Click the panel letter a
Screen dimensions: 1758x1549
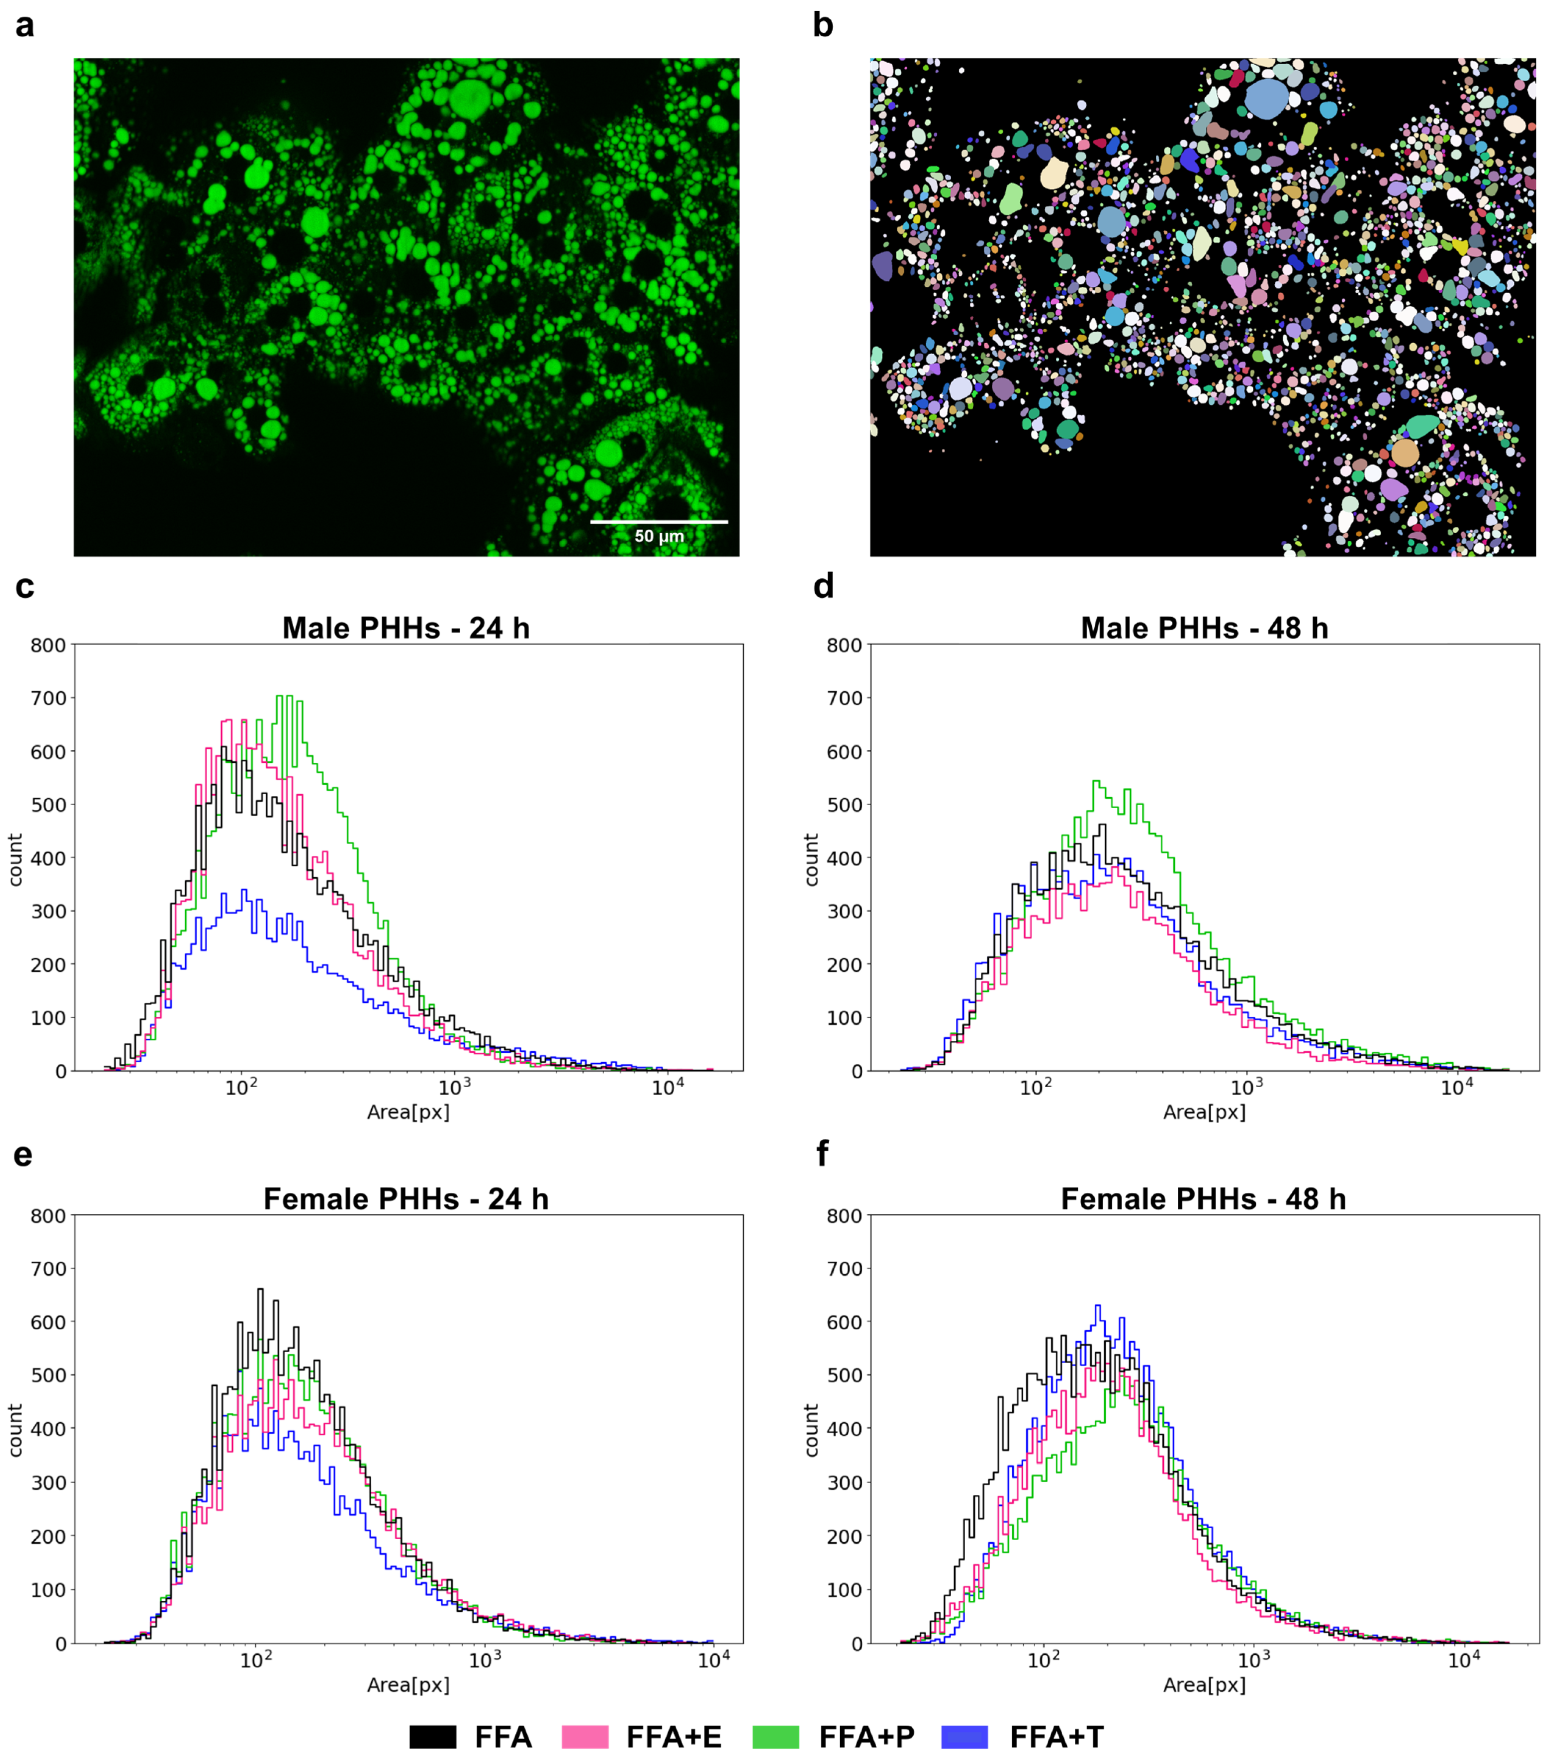[x=25, y=26]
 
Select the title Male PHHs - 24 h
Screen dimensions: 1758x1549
[x=406, y=628]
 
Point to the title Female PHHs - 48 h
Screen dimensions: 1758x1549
[x=1203, y=1199]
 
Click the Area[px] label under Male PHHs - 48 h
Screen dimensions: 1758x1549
[x=1204, y=1112]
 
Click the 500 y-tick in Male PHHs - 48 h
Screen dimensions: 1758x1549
[x=845, y=805]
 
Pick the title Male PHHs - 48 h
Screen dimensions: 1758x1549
[x=1204, y=628]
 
